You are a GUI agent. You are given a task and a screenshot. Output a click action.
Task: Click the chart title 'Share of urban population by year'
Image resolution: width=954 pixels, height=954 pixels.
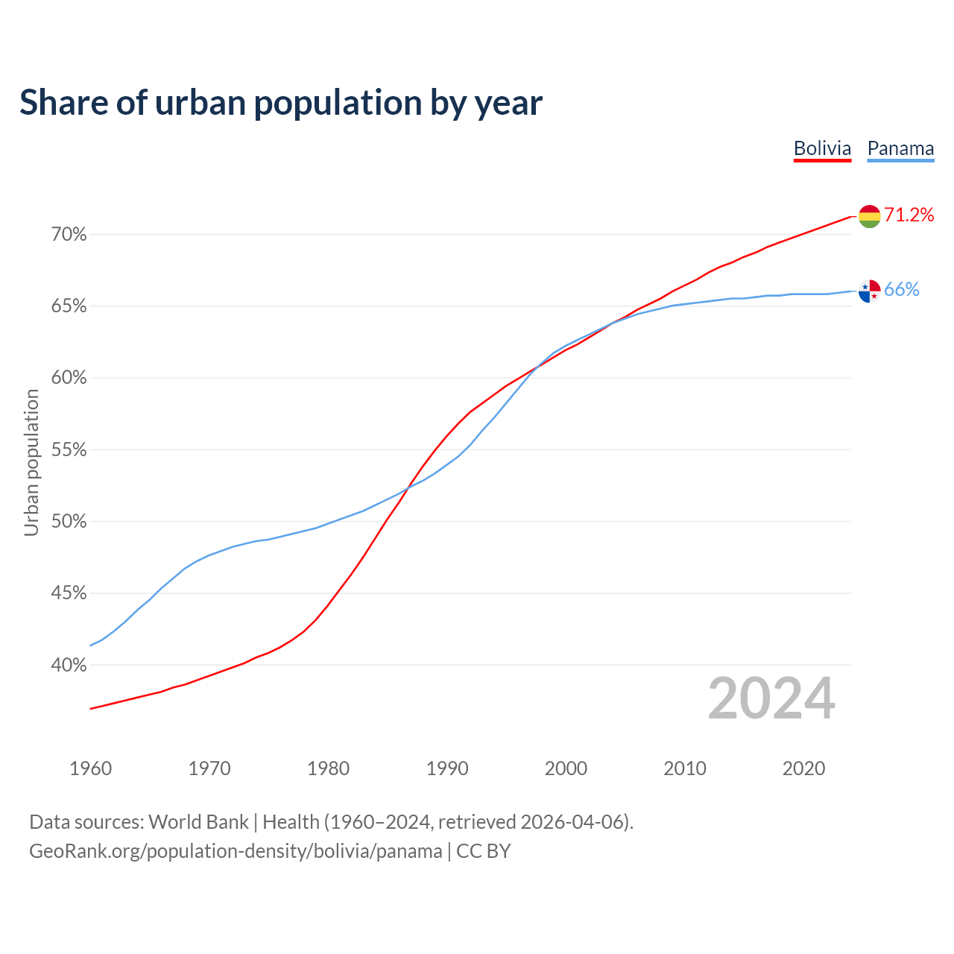tap(281, 103)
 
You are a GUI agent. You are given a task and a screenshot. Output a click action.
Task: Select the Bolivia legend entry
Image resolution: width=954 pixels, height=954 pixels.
tap(822, 148)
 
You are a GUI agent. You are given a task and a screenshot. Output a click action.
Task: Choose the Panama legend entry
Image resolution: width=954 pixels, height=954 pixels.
tap(900, 148)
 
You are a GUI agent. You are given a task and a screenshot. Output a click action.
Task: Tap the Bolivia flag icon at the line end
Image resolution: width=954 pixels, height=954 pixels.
tap(869, 216)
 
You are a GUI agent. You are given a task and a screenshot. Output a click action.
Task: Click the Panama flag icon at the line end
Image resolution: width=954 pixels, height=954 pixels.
tap(869, 291)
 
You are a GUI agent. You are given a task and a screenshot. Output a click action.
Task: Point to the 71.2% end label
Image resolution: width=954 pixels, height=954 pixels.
tap(909, 215)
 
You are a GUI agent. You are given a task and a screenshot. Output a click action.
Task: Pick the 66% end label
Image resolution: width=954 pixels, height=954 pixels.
tap(902, 290)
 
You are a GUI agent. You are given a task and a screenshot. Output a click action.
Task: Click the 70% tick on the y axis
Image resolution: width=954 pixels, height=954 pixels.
tap(69, 235)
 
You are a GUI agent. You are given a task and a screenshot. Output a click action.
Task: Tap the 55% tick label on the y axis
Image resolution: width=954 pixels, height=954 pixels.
tap(69, 450)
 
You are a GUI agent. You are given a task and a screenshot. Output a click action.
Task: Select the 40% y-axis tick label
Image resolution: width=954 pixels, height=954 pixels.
tap(69, 665)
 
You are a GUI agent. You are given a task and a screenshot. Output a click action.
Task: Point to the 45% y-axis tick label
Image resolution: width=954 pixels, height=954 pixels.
tap(69, 593)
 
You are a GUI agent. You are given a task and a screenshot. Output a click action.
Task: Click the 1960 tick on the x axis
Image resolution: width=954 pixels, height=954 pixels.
tap(90, 768)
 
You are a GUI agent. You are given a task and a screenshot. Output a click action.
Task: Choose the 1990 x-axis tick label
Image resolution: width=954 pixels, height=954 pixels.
tap(447, 768)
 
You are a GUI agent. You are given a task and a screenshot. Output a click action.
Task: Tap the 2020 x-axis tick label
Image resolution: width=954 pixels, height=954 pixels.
tap(803, 768)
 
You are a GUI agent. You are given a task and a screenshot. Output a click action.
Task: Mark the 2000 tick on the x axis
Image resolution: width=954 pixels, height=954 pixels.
tap(566, 768)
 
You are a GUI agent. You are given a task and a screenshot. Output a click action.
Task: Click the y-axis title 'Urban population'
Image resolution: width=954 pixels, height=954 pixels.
tap(31, 462)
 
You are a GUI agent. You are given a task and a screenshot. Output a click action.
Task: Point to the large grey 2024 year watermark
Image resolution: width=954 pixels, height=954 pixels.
tap(771, 698)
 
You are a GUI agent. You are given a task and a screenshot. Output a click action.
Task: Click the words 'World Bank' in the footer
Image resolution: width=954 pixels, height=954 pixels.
tap(198, 822)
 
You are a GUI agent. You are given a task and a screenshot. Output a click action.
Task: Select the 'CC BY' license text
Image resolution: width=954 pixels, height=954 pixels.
tap(484, 851)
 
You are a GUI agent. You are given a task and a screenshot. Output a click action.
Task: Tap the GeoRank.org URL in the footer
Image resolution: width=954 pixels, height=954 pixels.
tap(236, 851)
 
